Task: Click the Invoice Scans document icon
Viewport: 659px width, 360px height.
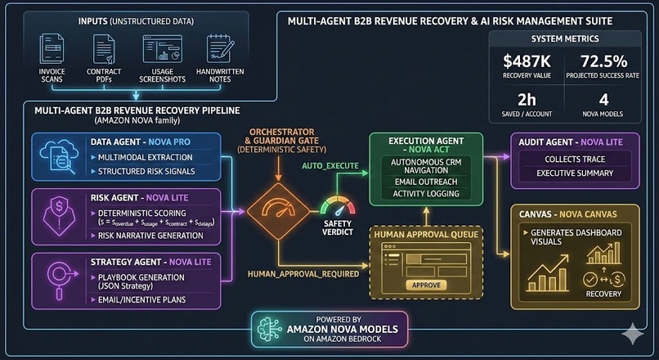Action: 53,50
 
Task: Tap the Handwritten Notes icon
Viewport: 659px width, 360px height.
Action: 218,50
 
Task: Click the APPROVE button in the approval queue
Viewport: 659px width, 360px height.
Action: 426,285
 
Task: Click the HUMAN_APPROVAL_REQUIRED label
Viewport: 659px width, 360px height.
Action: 303,272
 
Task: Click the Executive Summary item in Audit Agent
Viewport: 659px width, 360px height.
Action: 575,173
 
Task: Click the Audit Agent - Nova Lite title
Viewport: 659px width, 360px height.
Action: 571,141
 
